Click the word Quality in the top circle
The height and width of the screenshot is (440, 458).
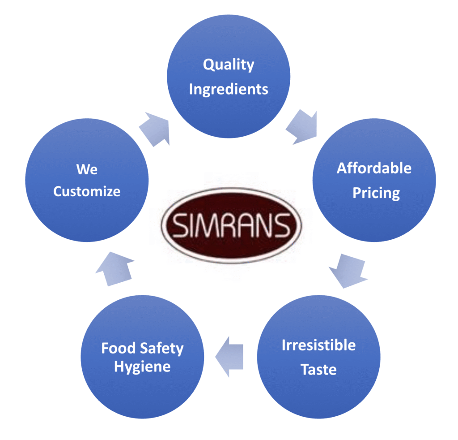tap(229, 65)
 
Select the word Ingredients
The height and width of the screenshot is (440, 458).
tap(229, 89)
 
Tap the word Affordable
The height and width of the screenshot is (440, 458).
tap(374, 168)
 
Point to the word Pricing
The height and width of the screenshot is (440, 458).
tap(376, 193)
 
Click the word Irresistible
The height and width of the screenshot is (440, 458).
tap(318, 345)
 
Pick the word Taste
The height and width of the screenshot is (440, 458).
tap(318, 370)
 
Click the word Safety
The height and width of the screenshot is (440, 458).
tap(161, 349)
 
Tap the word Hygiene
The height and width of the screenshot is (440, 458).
tap(142, 367)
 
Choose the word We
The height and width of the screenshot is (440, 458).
tap(87, 169)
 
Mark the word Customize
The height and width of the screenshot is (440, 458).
tap(87, 192)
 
